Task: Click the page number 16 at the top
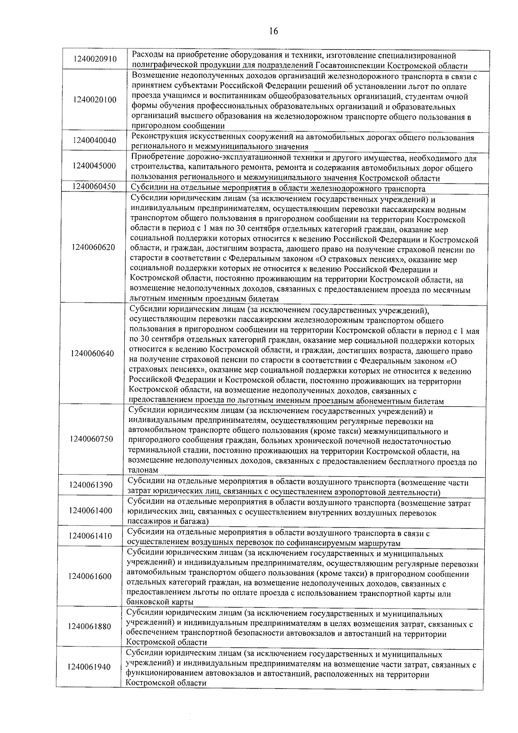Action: pyautogui.click(x=273, y=31)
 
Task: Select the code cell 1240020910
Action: pyautogui.click(x=95, y=59)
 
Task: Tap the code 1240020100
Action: pyautogui.click(x=95, y=100)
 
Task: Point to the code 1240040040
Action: pyautogui.click(x=95, y=140)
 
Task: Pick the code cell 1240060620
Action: pyautogui.click(x=94, y=247)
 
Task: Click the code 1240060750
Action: pyautogui.click(x=92, y=439)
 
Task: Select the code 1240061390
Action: pyautogui.click(x=91, y=485)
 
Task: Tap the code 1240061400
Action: pyautogui.click(x=90, y=510)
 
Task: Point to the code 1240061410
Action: pyautogui.click(x=90, y=536)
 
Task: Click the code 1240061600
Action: pyautogui.click(x=90, y=576)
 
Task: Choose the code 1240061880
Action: pyautogui.click(x=89, y=626)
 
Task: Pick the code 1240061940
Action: pyautogui.click(x=89, y=667)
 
